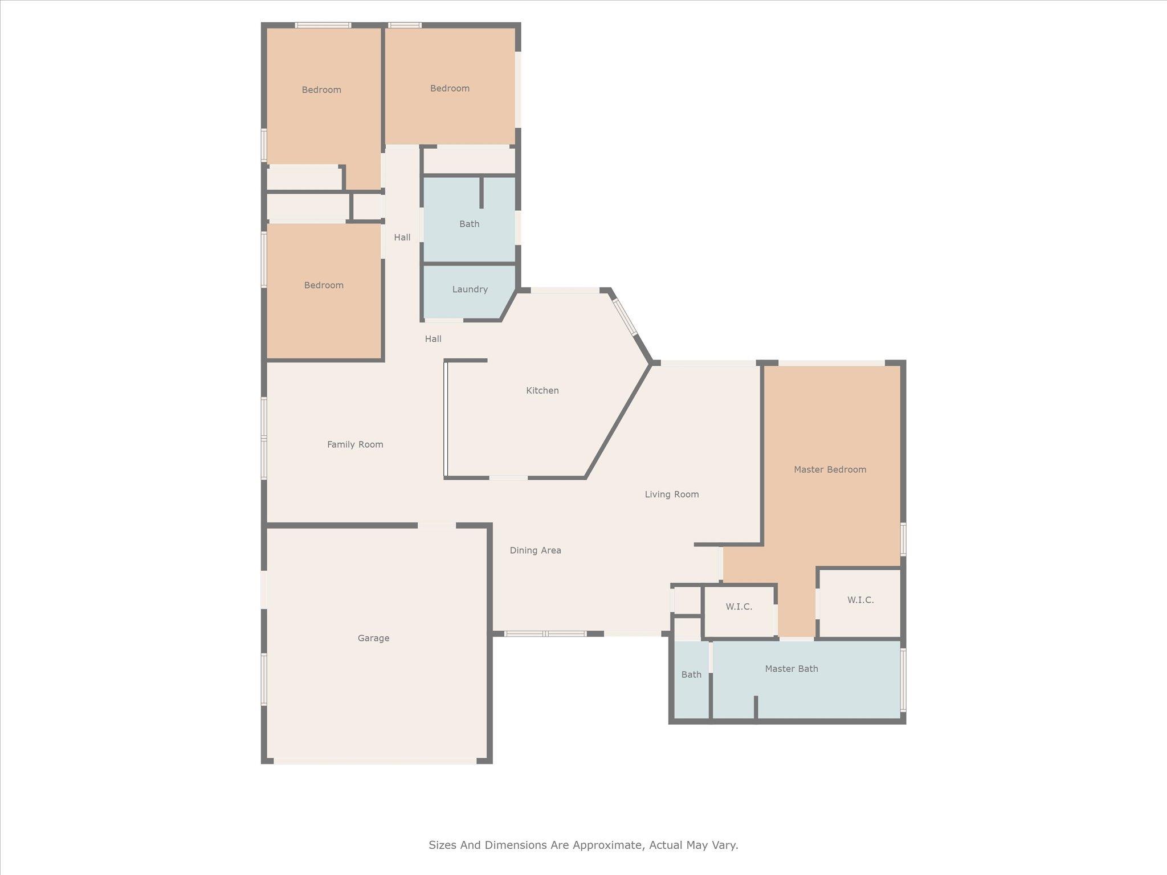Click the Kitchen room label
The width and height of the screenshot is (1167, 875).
point(542,390)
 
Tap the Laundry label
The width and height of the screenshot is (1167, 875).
point(470,289)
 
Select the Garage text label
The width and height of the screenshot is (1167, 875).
point(373,638)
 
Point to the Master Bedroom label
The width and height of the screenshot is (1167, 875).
point(830,469)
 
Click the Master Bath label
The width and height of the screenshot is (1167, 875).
point(791,669)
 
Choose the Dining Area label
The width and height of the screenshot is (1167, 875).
point(535,550)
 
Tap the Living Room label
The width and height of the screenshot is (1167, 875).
point(671,494)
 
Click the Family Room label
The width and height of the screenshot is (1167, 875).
point(354,444)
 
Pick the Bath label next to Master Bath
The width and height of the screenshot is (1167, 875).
point(691,674)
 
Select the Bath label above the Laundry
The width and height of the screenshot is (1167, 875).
point(469,224)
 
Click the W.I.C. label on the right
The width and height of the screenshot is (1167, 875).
point(860,600)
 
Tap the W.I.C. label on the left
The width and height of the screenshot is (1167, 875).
point(738,607)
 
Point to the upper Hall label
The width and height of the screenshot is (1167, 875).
point(402,238)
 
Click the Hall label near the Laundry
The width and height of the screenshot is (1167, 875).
point(432,339)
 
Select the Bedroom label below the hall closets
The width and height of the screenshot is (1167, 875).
point(323,285)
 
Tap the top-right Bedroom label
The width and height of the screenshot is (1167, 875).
point(450,88)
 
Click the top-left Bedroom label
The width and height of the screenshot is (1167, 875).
point(321,90)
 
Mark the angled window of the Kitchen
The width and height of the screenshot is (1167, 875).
point(625,317)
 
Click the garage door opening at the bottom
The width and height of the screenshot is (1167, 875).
point(374,760)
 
